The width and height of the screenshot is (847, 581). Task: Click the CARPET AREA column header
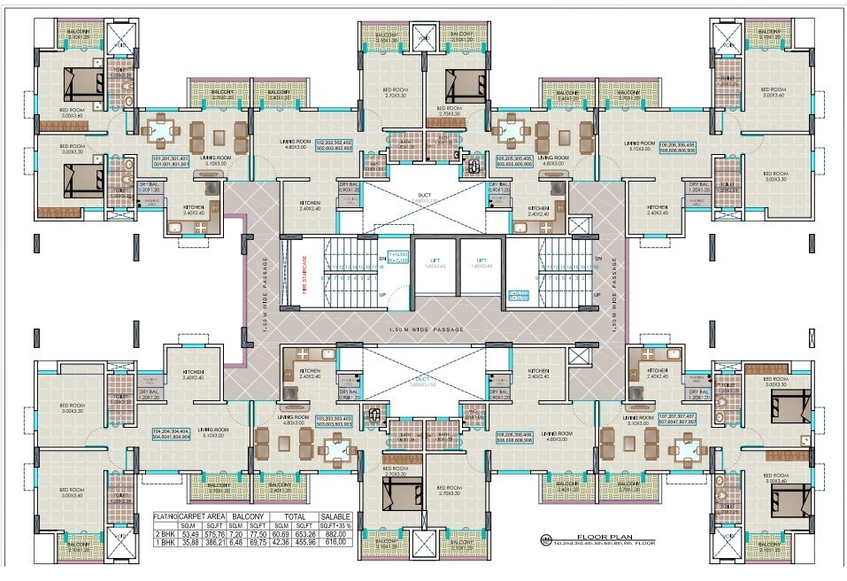pyautogui.click(x=204, y=515)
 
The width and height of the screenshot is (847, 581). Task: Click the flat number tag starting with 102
pyautogui.click(x=327, y=145)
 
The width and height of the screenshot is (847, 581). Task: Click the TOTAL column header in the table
pyautogui.click(x=292, y=515)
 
